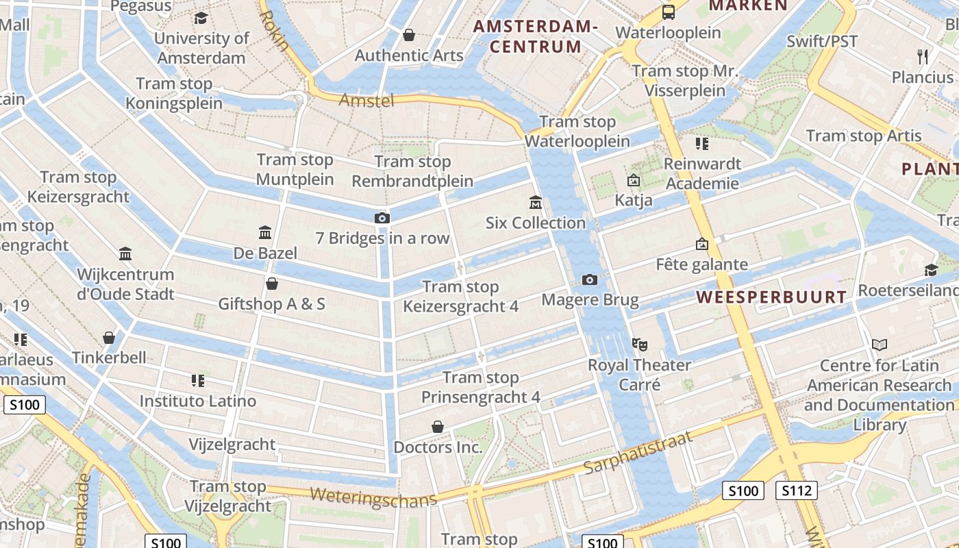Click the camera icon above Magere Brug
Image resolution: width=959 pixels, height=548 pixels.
click(589, 279)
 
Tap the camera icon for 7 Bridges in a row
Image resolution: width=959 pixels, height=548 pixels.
click(382, 218)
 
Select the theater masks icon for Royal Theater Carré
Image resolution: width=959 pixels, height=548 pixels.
click(639, 344)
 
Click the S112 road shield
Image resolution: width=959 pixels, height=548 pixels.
click(796, 490)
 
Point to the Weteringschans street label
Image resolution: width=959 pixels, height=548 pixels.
click(373, 497)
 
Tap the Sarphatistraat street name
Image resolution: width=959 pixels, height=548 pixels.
click(637, 453)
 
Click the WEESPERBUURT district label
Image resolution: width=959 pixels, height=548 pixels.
click(771, 297)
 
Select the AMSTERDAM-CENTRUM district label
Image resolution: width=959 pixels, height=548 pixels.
click(536, 37)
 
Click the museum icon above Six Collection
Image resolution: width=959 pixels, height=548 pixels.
click(536, 203)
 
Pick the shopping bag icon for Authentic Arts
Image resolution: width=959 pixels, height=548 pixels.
click(409, 35)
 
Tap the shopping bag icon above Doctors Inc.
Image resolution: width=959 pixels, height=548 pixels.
click(438, 427)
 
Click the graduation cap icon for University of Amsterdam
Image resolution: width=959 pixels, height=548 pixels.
click(201, 18)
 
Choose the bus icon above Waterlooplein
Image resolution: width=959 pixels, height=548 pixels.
click(668, 12)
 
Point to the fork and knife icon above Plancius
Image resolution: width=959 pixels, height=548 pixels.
click(923, 57)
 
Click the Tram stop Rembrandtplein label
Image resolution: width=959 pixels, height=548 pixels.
click(412, 171)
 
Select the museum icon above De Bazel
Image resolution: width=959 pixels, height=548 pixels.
click(265, 233)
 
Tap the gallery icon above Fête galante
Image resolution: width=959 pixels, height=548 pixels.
click(701, 244)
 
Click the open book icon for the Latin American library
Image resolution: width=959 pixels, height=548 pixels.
click(880, 345)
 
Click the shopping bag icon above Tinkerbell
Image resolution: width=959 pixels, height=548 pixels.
click(109, 338)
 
